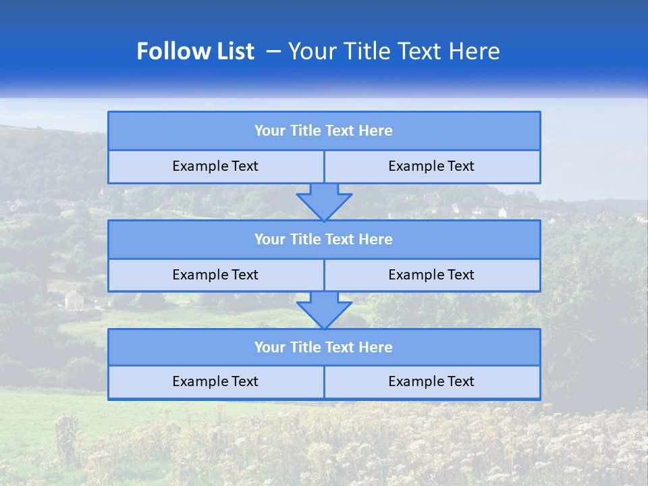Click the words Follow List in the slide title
(196, 51)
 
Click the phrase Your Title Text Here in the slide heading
(394, 51)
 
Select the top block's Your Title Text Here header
(323, 131)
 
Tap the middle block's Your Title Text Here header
(323, 239)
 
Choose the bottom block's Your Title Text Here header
(323, 347)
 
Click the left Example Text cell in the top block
(215, 166)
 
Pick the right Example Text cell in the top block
(431, 166)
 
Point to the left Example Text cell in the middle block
(215, 275)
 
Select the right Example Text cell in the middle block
(431, 275)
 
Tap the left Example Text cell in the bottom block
(215, 381)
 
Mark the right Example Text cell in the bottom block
(431, 381)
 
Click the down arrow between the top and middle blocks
(324, 202)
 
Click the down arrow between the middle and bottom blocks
(324, 310)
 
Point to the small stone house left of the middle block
(74, 298)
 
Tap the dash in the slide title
(274, 51)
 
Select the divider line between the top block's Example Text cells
(324, 167)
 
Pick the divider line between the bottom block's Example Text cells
(324, 382)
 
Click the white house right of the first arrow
(502, 213)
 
